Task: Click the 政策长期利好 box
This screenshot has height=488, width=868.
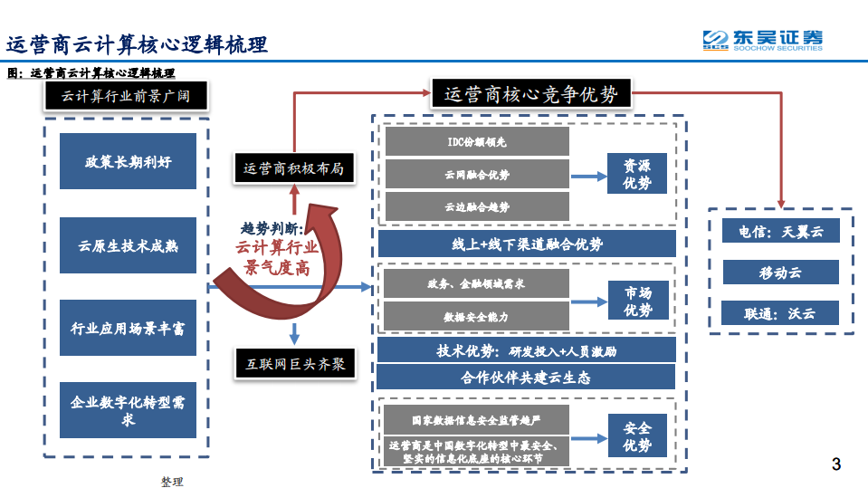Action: (128, 161)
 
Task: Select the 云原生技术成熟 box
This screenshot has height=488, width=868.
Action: (128, 244)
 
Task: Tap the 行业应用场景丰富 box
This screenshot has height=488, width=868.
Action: (128, 328)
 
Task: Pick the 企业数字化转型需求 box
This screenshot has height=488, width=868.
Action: (128, 410)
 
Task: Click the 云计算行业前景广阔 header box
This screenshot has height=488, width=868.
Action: (126, 95)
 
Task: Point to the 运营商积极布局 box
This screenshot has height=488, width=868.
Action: (293, 168)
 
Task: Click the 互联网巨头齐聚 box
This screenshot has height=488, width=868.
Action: (294, 364)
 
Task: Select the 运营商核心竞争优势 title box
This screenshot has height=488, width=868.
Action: (531, 94)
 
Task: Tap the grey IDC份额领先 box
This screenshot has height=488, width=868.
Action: (477, 141)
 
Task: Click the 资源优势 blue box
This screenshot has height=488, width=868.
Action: (636, 173)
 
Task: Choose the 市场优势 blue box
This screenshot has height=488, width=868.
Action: (637, 301)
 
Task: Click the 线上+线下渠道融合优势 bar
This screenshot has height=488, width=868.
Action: (527, 244)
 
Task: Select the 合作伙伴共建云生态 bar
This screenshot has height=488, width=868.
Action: (527, 377)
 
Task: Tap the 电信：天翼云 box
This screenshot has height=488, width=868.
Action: (780, 231)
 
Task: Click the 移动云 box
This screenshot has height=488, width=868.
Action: (780, 272)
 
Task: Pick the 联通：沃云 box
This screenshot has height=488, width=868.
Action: (780, 313)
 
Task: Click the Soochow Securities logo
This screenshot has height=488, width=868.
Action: (763, 40)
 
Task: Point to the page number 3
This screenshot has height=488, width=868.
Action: (835, 465)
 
